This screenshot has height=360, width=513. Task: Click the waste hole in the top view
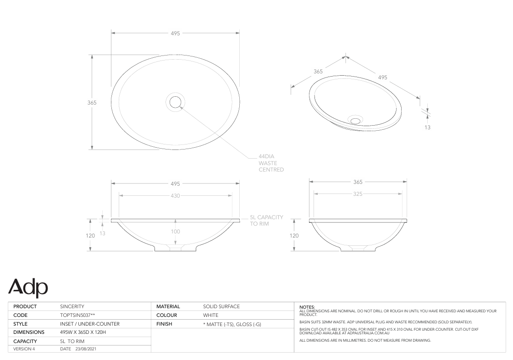click(175, 102)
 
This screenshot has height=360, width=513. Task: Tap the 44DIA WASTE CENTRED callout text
click(271, 163)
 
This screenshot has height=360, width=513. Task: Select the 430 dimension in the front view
click(175, 195)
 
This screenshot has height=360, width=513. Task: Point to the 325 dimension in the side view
click(358, 194)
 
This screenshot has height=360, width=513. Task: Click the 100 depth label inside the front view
click(175, 232)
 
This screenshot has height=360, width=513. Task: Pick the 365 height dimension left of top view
click(92, 103)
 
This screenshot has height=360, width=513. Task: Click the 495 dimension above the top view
click(175, 33)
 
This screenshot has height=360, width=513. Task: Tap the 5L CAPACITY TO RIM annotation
click(266, 221)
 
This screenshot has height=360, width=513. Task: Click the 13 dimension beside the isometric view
click(427, 127)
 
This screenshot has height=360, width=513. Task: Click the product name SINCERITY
click(72, 306)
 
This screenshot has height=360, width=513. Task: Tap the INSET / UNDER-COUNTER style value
click(90, 324)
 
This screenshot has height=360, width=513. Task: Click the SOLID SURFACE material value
click(221, 306)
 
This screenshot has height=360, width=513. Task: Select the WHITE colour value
click(211, 315)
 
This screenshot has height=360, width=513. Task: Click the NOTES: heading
click(306, 307)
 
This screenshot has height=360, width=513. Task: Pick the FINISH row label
click(164, 324)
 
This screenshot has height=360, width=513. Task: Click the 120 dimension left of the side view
click(294, 235)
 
